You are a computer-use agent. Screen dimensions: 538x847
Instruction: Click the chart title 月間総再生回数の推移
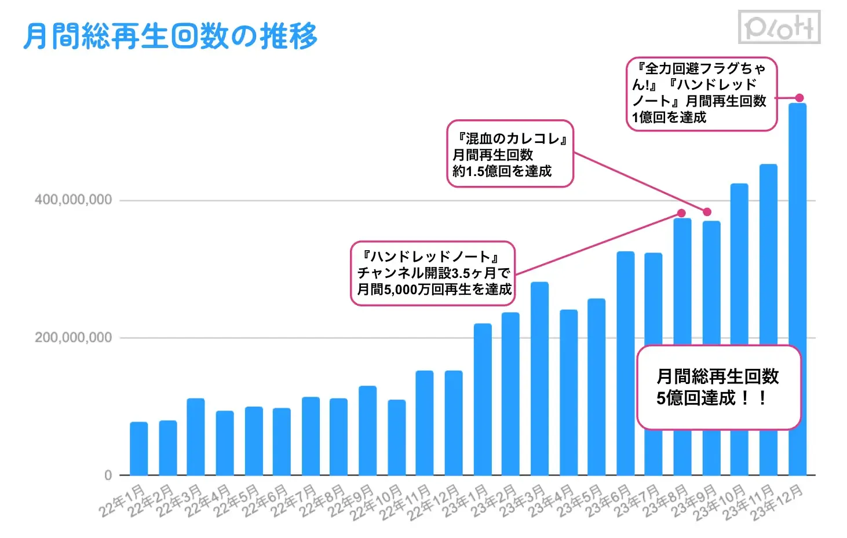point(170,36)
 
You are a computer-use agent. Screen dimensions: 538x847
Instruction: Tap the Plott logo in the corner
point(779,27)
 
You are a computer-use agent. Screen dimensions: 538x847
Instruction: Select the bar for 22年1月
point(138,448)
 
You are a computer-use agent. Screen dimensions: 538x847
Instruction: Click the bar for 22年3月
point(196,437)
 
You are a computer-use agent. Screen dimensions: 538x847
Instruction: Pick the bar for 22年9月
point(367,430)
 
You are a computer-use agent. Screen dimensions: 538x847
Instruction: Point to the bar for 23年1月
point(483,399)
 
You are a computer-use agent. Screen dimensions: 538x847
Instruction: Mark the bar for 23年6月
point(626,363)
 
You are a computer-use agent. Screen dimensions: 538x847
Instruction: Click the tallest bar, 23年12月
point(798,232)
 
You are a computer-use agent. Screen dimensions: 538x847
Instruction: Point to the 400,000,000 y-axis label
point(73,200)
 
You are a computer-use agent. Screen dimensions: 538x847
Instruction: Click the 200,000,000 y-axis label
point(73,338)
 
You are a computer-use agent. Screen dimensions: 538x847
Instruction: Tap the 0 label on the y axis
point(108,475)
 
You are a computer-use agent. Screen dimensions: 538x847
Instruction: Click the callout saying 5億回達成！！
point(718,387)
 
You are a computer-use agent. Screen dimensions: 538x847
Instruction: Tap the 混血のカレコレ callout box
point(510,154)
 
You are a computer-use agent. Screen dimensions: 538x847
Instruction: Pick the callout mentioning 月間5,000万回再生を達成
point(433,273)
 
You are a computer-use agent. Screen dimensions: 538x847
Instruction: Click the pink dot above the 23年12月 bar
point(799,98)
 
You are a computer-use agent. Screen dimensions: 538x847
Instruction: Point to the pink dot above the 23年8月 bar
point(682,213)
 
